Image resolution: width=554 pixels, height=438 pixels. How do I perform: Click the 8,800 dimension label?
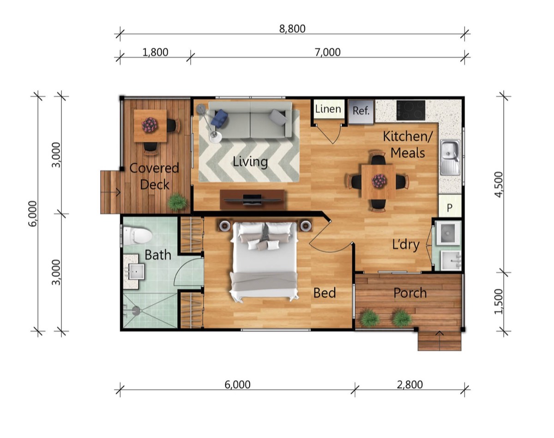pos(292,29)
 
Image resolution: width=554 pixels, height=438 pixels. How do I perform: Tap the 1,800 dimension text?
pos(155,52)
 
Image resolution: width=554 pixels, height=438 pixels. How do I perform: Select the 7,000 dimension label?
pos(327,52)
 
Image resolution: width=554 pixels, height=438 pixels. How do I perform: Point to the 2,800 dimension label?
pos(410,385)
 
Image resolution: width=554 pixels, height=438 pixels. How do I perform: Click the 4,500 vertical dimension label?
pos(499,184)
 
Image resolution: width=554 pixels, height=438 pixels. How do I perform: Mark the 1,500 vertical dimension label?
pos(499,301)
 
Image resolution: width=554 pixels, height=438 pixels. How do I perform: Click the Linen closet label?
pos(328,109)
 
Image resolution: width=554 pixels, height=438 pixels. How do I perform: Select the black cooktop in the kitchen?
pos(410,110)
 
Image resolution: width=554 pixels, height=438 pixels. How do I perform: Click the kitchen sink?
pos(450,157)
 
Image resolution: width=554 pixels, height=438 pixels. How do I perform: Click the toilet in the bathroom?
pos(137,235)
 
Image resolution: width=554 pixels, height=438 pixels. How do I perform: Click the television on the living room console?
pos(252,200)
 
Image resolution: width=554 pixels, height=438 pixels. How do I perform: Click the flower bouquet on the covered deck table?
pos(150,125)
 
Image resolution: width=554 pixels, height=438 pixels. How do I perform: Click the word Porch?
pos(410,293)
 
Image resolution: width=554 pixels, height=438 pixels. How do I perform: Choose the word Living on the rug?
pos(250,162)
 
